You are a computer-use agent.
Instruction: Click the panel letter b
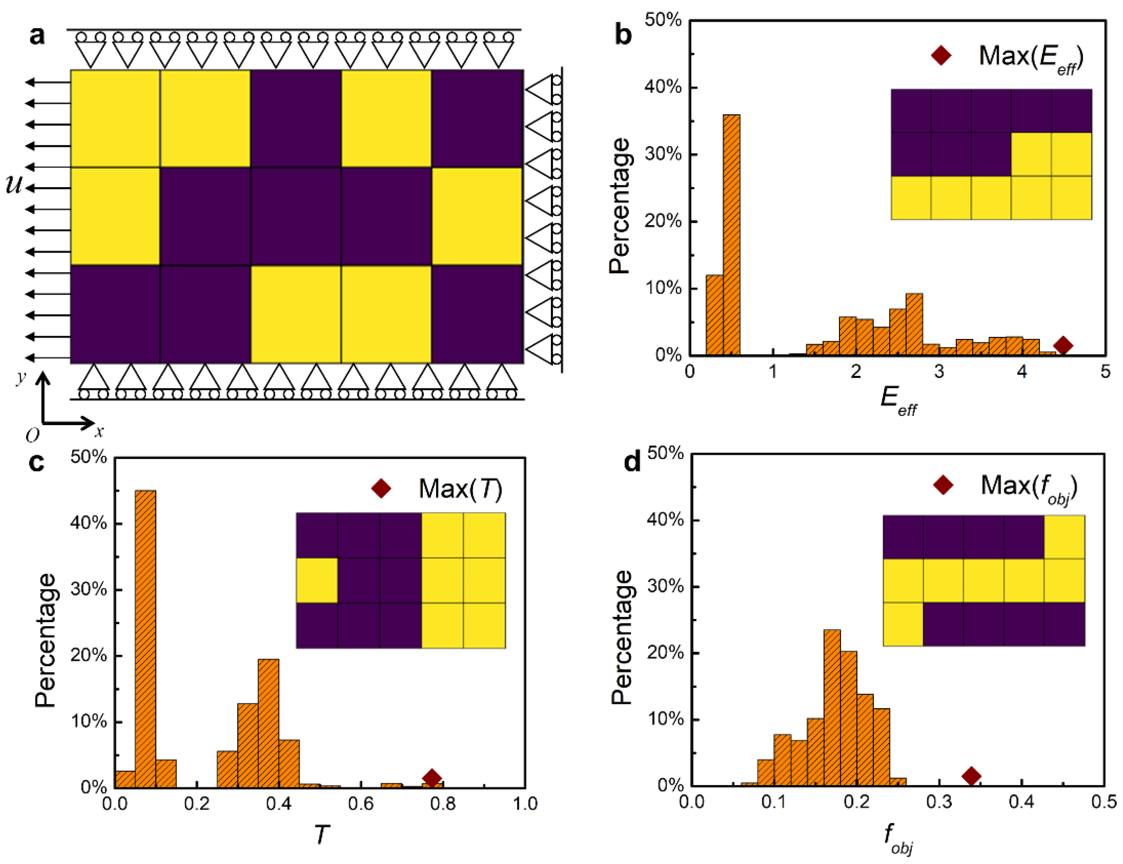[623, 35]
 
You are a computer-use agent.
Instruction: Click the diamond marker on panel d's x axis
[971, 776]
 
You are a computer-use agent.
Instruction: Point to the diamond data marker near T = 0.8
[432, 778]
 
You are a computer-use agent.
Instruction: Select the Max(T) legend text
[460, 488]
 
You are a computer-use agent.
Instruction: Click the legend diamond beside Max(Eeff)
[941, 55]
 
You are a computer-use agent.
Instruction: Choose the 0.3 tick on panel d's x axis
[939, 802]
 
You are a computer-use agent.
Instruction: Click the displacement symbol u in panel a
[14, 184]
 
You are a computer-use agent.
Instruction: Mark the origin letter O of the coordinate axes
[32, 436]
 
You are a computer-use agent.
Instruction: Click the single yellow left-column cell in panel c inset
[317, 580]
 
